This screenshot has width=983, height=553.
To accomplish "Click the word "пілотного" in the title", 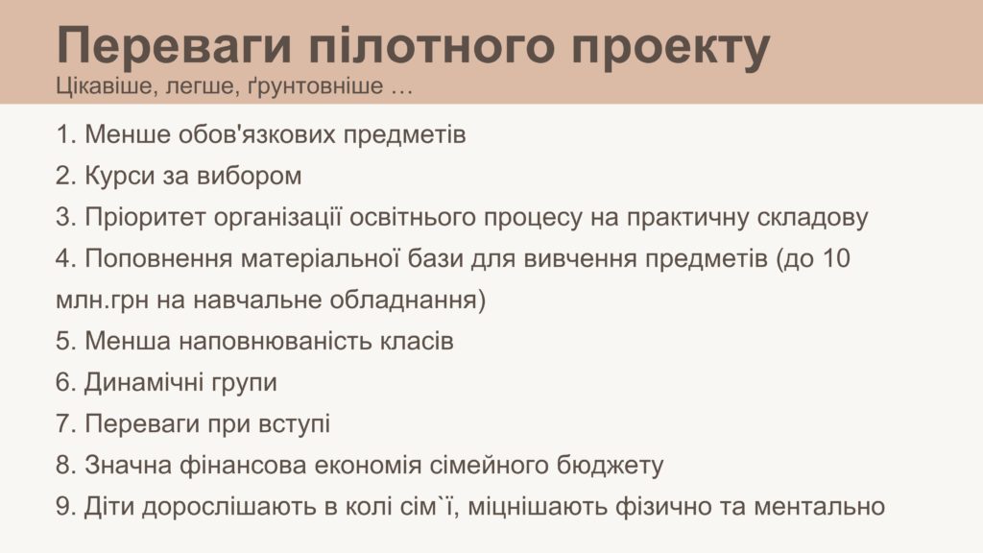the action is (x=431, y=46).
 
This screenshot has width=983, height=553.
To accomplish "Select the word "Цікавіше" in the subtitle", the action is (x=105, y=85).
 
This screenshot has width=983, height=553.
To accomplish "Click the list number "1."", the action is (x=66, y=134).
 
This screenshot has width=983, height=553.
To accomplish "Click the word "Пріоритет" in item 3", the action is (x=145, y=218).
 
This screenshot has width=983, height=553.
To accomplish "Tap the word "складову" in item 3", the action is (x=812, y=218).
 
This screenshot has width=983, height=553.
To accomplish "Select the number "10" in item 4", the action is (x=835, y=258).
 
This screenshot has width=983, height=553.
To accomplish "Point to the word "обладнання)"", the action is (x=407, y=300).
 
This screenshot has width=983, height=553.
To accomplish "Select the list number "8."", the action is (x=66, y=466).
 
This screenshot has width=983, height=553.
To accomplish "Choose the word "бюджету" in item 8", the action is (x=610, y=466).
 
